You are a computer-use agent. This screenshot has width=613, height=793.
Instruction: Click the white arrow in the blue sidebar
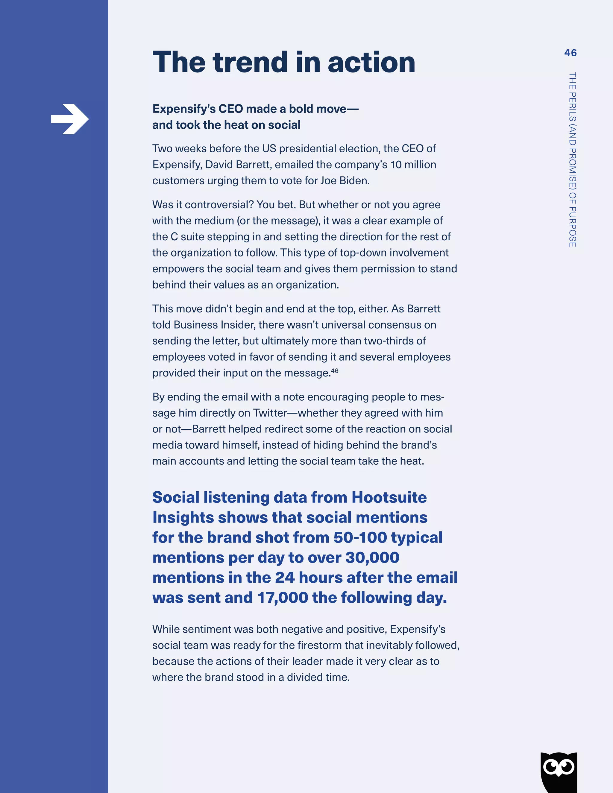click(70, 119)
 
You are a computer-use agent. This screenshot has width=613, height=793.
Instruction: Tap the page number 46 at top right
click(570, 53)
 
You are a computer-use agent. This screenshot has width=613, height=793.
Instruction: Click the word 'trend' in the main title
click(251, 63)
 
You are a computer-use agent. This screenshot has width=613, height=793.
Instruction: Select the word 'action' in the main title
click(371, 63)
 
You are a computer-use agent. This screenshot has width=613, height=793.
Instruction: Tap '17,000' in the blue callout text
click(283, 597)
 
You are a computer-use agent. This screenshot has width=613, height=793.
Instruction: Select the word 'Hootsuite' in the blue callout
click(389, 497)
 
